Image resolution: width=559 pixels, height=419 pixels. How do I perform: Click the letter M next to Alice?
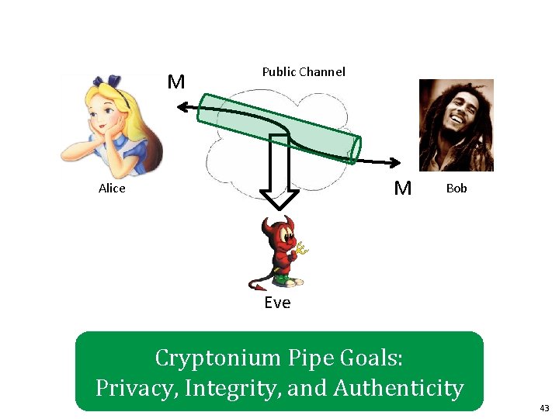click(x=176, y=82)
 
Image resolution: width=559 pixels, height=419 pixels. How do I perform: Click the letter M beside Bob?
click(x=402, y=188)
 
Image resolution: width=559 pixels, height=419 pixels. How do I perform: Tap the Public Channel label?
click(x=304, y=72)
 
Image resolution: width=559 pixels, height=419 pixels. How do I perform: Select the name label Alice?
click(x=112, y=189)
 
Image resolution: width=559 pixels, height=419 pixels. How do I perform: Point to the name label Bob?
click(x=457, y=189)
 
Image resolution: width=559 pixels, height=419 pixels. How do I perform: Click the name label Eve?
click(x=277, y=303)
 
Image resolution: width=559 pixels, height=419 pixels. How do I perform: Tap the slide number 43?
click(x=544, y=407)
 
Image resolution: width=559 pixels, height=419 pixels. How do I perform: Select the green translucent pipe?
click(x=279, y=127)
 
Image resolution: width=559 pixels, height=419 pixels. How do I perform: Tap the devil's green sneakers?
click(x=281, y=280)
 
